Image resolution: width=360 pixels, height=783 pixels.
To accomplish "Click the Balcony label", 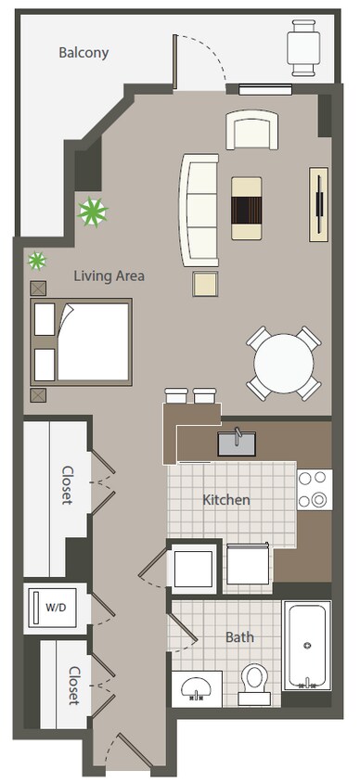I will point(84,53).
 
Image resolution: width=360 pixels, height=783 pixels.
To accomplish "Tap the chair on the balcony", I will point(302,46).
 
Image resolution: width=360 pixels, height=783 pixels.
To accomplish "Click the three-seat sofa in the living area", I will point(199,208).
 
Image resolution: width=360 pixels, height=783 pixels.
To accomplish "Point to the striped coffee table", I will point(248,209).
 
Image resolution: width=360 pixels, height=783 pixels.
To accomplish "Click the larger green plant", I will point(92,213).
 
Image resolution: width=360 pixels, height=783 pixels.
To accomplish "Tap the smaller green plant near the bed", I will point(37,261).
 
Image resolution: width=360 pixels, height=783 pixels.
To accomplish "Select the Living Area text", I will point(109,276).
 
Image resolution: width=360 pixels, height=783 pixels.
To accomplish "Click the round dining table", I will point(283,364).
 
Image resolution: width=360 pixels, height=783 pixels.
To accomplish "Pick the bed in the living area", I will point(82,340).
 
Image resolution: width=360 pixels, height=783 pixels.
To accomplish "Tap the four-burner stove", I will point(314,490).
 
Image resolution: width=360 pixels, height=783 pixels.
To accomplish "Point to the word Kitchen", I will point(226,500).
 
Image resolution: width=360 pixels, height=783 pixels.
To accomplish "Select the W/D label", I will point(57,607).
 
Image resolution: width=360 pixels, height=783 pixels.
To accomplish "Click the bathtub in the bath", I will point(306,645).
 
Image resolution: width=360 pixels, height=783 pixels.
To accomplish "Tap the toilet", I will point(253,679).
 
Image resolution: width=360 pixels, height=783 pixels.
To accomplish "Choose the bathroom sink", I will point(196,688).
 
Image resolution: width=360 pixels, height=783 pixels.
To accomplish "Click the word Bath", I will point(239,637).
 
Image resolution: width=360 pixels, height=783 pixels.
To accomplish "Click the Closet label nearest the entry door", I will point(72,685).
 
